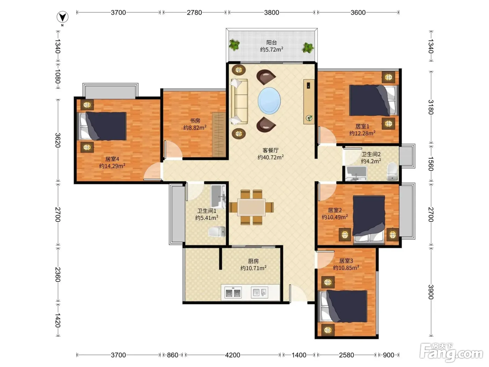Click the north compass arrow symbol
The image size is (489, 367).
tap(63, 17)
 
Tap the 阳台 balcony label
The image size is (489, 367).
tap(271, 42)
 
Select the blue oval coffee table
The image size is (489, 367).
tap(269, 101)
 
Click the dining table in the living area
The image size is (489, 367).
tap(251, 207)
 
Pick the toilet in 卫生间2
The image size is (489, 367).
tap(392, 171)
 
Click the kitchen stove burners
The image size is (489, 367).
tap(233, 293)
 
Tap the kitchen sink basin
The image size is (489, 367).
tap(260, 292)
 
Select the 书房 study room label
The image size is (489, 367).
tap(195, 121)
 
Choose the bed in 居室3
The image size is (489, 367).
tap(343, 306)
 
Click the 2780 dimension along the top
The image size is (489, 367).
tap(194, 13)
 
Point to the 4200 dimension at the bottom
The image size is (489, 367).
tap(233, 355)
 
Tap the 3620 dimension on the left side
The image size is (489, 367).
tap(58, 140)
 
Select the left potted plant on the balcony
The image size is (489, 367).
tap(234, 45)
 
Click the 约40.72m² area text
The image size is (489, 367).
tap(270, 157)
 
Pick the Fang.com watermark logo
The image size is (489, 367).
tap(451, 353)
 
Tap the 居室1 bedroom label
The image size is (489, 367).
tap(362, 126)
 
